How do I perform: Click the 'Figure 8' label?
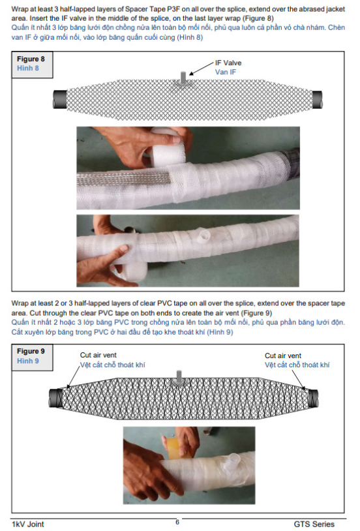pos(31,59)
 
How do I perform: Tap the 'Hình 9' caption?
pos(28,361)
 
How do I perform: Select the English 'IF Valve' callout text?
pos(228,63)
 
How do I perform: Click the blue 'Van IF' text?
pos(226,72)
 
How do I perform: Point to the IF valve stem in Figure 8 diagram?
pos(183,78)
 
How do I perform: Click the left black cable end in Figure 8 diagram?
pos(60,99)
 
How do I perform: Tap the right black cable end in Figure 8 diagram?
pos(317,100)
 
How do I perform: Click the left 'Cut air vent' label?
pos(98,355)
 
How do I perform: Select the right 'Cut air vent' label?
pos(283,356)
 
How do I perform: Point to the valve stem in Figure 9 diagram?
pos(179,376)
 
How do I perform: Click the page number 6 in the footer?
pos(177,522)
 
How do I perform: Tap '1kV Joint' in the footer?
pos(28,524)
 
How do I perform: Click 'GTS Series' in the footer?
pos(314,524)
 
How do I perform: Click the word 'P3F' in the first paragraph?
pos(173,8)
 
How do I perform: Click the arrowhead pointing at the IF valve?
pos(191,73)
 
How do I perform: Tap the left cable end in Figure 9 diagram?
pos(55,398)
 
